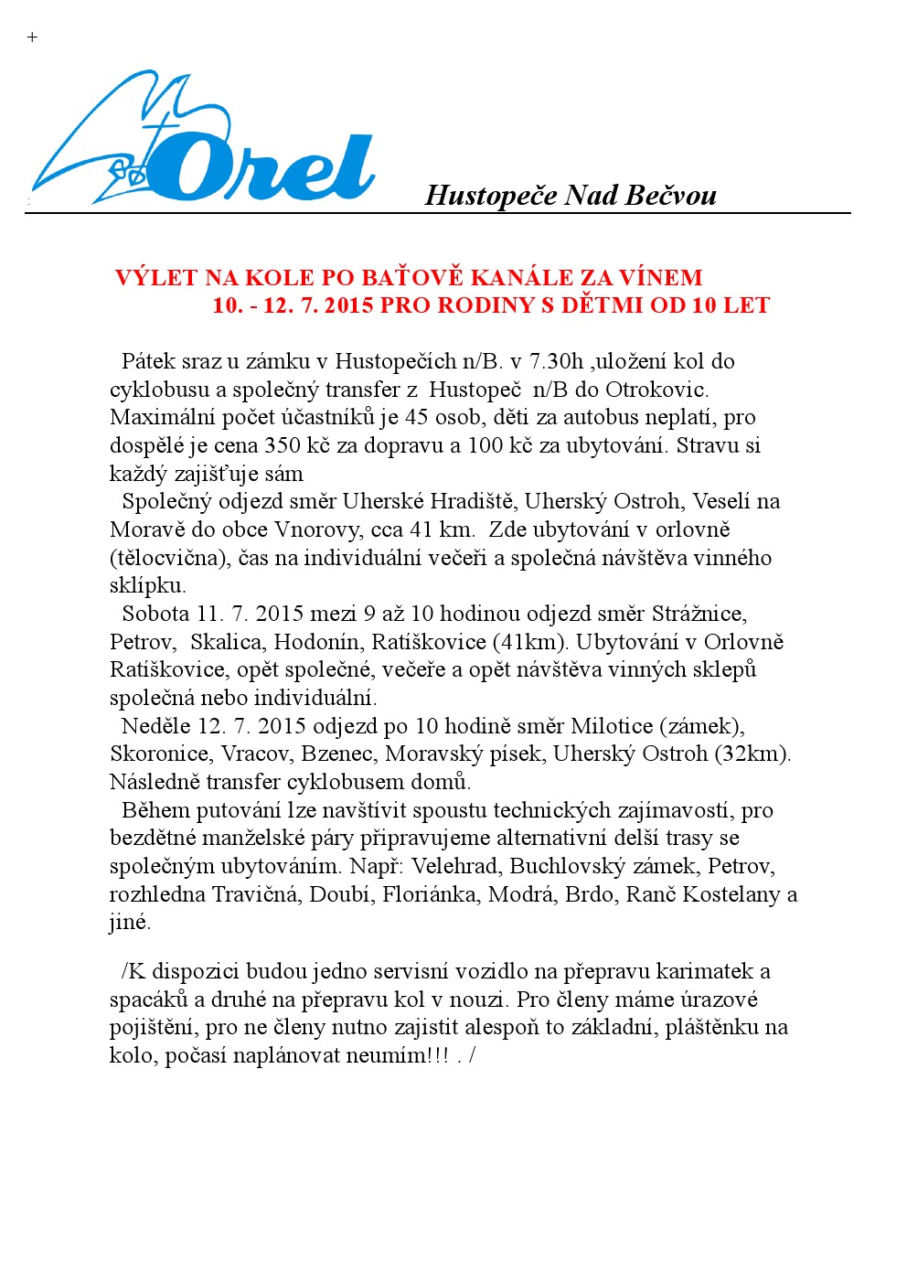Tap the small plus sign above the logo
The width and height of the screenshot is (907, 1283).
(x=33, y=37)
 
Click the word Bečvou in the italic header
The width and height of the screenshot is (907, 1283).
(x=676, y=195)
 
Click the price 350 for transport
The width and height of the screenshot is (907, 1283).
(x=283, y=445)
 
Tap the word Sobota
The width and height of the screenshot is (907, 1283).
(x=155, y=614)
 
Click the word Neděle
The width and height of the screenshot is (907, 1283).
(x=156, y=726)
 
